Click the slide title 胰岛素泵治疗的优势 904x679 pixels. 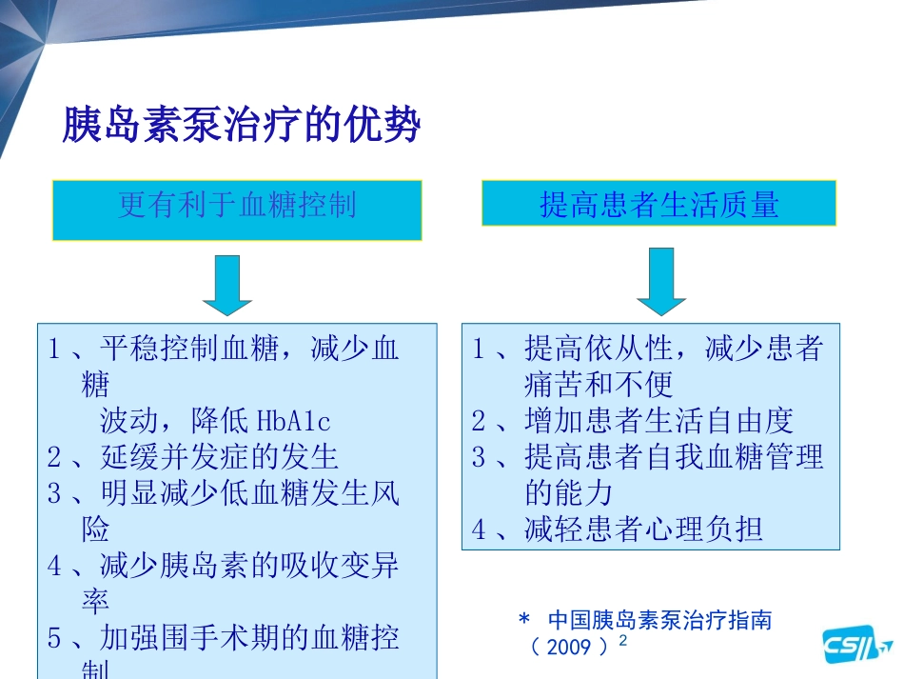pyautogui.click(x=242, y=125)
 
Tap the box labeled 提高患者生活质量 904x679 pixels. pyautogui.click(x=658, y=204)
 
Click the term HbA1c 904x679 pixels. pyautogui.click(x=294, y=421)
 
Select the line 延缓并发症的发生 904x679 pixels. pyautogui.click(x=219, y=457)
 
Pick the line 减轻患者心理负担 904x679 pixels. pyautogui.click(x=643, y=529)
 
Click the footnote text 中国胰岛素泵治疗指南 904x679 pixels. pyautogui.click(x=659, y=622)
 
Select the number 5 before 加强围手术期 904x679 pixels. pyautogui.click(x=55, y=638)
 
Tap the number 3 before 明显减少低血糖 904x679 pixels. pyautogui.click(x=55, y=493)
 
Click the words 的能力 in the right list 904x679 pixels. pyautogui.click(x=568, y=493)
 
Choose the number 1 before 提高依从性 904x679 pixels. pyautogui.click(x=480, y=349)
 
